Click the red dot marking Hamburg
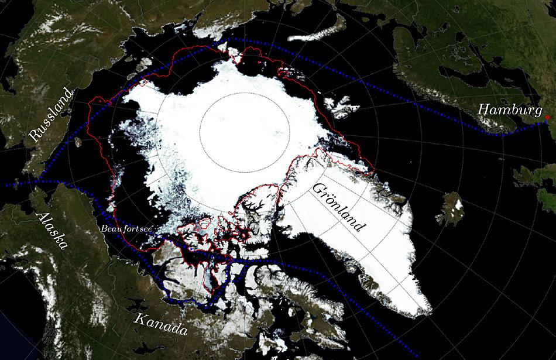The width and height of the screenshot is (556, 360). pos(547,118)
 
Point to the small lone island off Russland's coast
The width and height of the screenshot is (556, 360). pos(78,142)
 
